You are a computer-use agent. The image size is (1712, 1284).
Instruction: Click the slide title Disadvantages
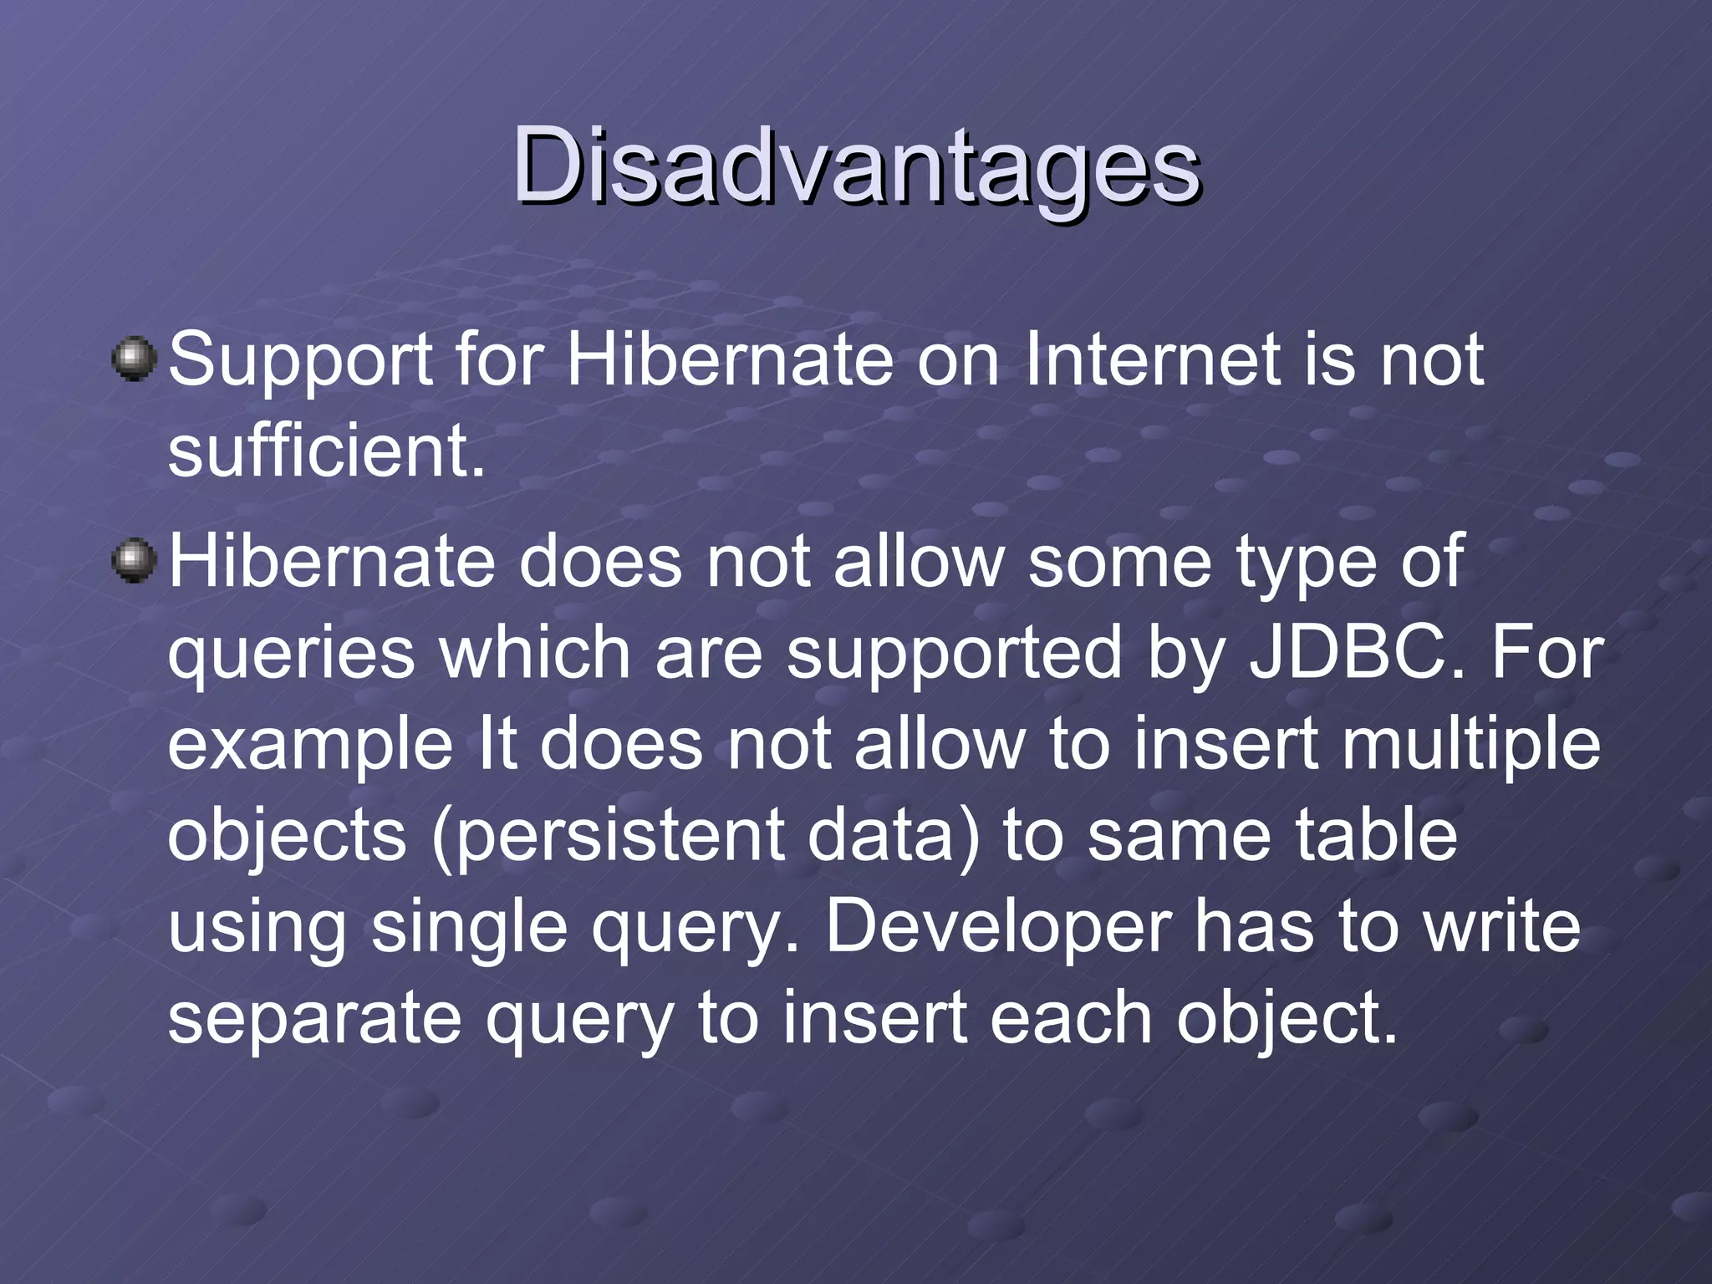[856, 166]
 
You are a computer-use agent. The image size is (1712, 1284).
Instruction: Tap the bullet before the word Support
[134, 360]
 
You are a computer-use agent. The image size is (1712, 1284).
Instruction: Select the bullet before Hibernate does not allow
[134, 561]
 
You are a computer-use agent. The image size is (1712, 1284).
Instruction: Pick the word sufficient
[326, 451]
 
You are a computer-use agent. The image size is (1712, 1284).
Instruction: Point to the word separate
[314, 1021]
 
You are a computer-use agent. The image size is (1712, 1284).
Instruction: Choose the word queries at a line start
[291, 655]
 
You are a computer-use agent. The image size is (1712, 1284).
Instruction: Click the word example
[309, 746]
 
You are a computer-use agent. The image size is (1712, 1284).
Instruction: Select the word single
[469, 929]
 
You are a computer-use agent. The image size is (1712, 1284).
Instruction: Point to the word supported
[954, 655]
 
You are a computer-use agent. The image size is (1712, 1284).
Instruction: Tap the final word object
[1287, 1021]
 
